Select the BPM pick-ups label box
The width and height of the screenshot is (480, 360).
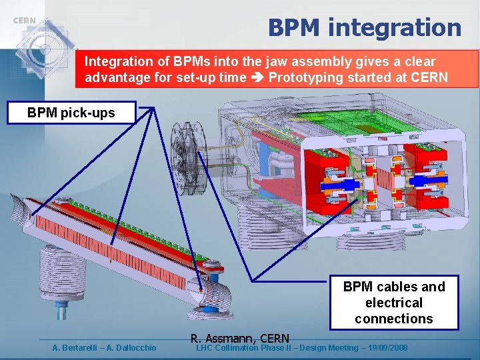pos(71,113)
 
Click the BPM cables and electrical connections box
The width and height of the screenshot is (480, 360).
pos(393,303)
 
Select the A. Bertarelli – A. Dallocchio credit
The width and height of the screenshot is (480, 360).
pos(105,347)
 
